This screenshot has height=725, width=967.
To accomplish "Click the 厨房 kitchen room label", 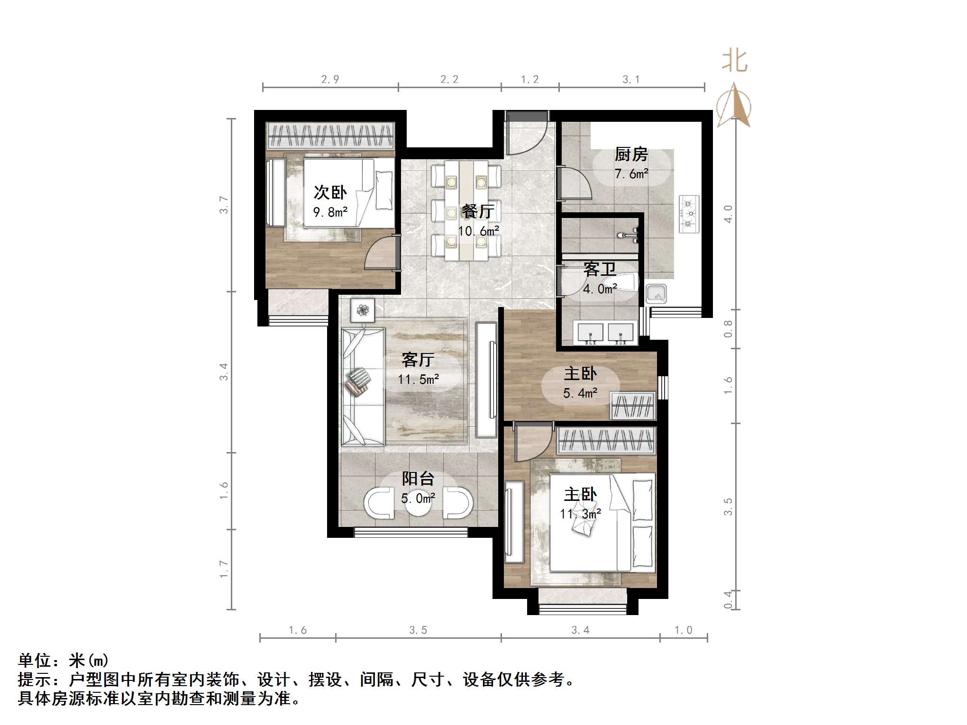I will pyautogui.click(x=631, y=154).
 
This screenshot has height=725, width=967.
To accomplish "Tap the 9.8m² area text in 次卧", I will pyautogui.click(x=330, y=212).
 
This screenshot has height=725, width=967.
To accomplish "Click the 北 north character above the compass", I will pyautogui.click(x=734, y=62).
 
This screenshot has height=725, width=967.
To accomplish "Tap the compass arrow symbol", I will pyautogui.click(x=733, y=106).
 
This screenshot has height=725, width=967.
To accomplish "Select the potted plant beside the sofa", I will pyautogui.click(x=363, y=310).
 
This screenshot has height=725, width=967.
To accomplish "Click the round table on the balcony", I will pyautogui.click(x=418, y=503).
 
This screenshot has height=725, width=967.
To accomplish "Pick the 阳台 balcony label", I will pyautogui.click(x=418, y=479).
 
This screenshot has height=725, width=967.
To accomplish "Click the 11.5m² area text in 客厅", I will pyautogui.click(x=418, y=379).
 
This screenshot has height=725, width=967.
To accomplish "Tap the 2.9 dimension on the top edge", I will pyautogui.click(x=330, y=79).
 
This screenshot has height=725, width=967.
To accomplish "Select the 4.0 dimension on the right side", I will pyautogui.click(x=728, y=214).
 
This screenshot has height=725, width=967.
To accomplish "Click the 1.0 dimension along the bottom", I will pyautogui.click(x=683, y=630).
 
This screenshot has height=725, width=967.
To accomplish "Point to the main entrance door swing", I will pyautogui.click(x=526, y=136).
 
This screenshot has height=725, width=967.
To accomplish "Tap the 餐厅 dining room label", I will pyautogui.click(x=478, y=211).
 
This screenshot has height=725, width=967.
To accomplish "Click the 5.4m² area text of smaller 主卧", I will pyautogui.click(x=580, y=393).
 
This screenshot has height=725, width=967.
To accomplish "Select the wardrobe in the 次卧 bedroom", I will pyautogui.click(x=330, y=136).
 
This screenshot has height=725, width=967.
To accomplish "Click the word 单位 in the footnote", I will pyautogui.click(x=35, y=660).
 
